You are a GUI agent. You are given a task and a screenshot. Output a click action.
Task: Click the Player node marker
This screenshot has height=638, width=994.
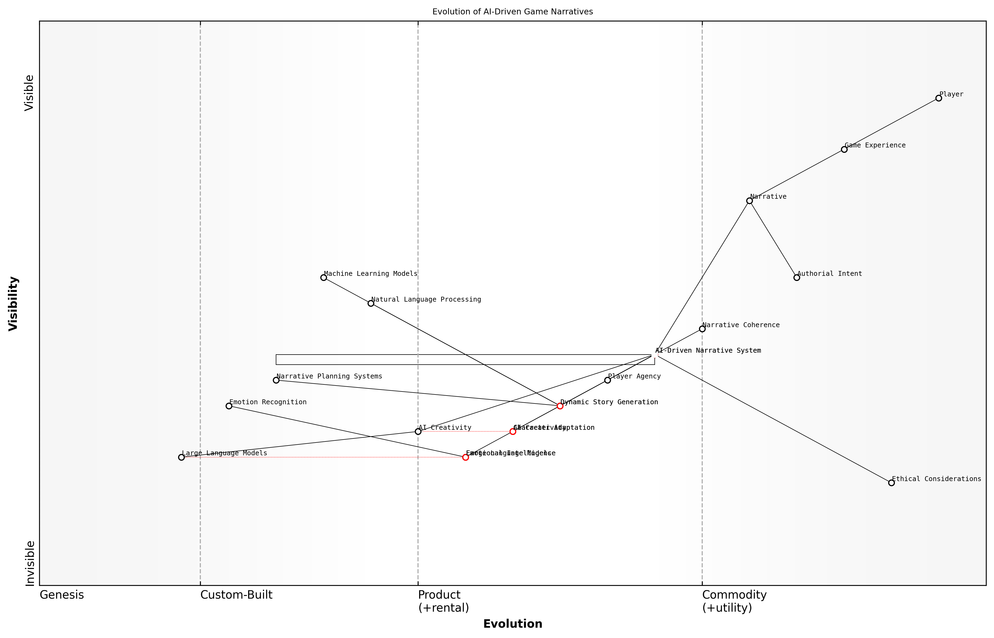coord(939,98)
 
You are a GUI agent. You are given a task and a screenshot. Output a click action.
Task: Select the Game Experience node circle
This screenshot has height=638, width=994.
coord(844,150)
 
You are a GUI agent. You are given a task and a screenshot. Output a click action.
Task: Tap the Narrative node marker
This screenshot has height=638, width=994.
coord(749,201)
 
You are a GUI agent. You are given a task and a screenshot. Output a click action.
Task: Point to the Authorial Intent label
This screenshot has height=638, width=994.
coord(830,274)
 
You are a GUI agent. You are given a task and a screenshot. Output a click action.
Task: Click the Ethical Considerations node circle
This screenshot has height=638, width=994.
coord(891,483)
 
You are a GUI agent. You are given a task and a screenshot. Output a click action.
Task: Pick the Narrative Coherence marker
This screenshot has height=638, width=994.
coord(702,329)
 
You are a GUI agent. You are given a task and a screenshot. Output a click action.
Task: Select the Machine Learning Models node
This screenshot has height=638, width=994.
coord(324,277)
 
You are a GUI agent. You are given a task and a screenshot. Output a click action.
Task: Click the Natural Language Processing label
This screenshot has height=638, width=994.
coord(426,299)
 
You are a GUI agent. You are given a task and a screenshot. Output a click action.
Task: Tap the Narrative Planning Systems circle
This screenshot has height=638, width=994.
coord(276,380)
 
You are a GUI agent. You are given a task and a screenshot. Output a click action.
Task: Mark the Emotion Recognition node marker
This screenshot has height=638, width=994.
coord(229,406)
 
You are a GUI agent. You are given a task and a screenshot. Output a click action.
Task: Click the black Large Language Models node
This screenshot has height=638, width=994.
coord(181,457)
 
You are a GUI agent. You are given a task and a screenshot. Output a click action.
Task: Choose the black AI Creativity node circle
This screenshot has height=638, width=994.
coord(418,432)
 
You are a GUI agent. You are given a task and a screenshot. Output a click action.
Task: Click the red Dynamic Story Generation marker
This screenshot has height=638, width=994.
coord(560,406)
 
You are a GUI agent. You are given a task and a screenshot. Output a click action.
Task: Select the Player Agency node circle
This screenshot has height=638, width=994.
coord(607,380)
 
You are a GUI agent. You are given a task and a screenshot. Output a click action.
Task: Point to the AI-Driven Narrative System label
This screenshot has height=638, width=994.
coord(708,350)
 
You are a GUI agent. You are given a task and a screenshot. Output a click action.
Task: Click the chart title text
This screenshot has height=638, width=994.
coord(512,12)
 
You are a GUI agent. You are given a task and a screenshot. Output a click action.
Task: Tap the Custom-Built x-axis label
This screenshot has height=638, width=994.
coord(236,595)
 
